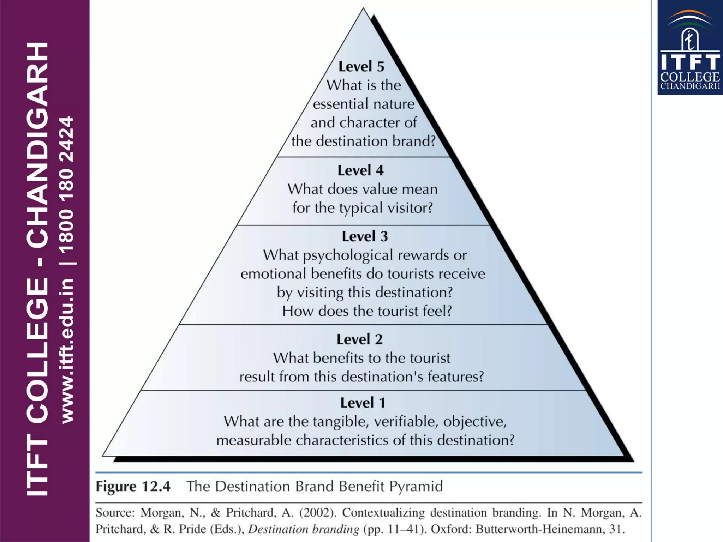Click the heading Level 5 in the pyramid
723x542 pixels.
361,67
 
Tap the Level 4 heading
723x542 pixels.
360,170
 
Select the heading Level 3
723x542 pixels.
365,236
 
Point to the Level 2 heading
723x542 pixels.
359,339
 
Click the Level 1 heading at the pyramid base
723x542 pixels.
363,403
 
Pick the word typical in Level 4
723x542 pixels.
361,208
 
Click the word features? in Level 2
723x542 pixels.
455,377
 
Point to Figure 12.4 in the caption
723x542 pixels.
133,487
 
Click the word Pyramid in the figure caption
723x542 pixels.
416,487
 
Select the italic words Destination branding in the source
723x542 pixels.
304,529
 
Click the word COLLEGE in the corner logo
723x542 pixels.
690,77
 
